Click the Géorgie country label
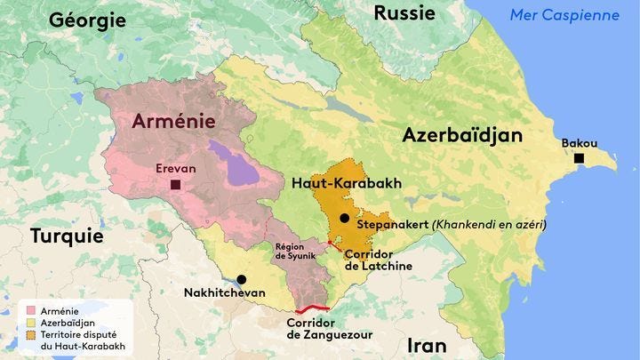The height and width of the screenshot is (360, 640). [87, 19]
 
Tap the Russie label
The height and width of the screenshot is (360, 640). [404, 12]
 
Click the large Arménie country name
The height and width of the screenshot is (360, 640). [173, 122]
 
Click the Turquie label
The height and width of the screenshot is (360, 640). [68, 236]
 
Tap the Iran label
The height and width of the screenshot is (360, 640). [426, 345]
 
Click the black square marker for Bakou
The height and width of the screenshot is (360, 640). [579, 158]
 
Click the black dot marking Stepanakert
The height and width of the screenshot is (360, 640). [344, 218]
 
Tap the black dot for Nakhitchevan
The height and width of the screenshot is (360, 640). [241, 279]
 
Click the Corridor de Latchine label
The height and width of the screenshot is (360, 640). [378, 260]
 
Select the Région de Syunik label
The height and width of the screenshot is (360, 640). [294, 252]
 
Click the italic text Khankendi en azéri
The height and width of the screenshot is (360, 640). [489, 225]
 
